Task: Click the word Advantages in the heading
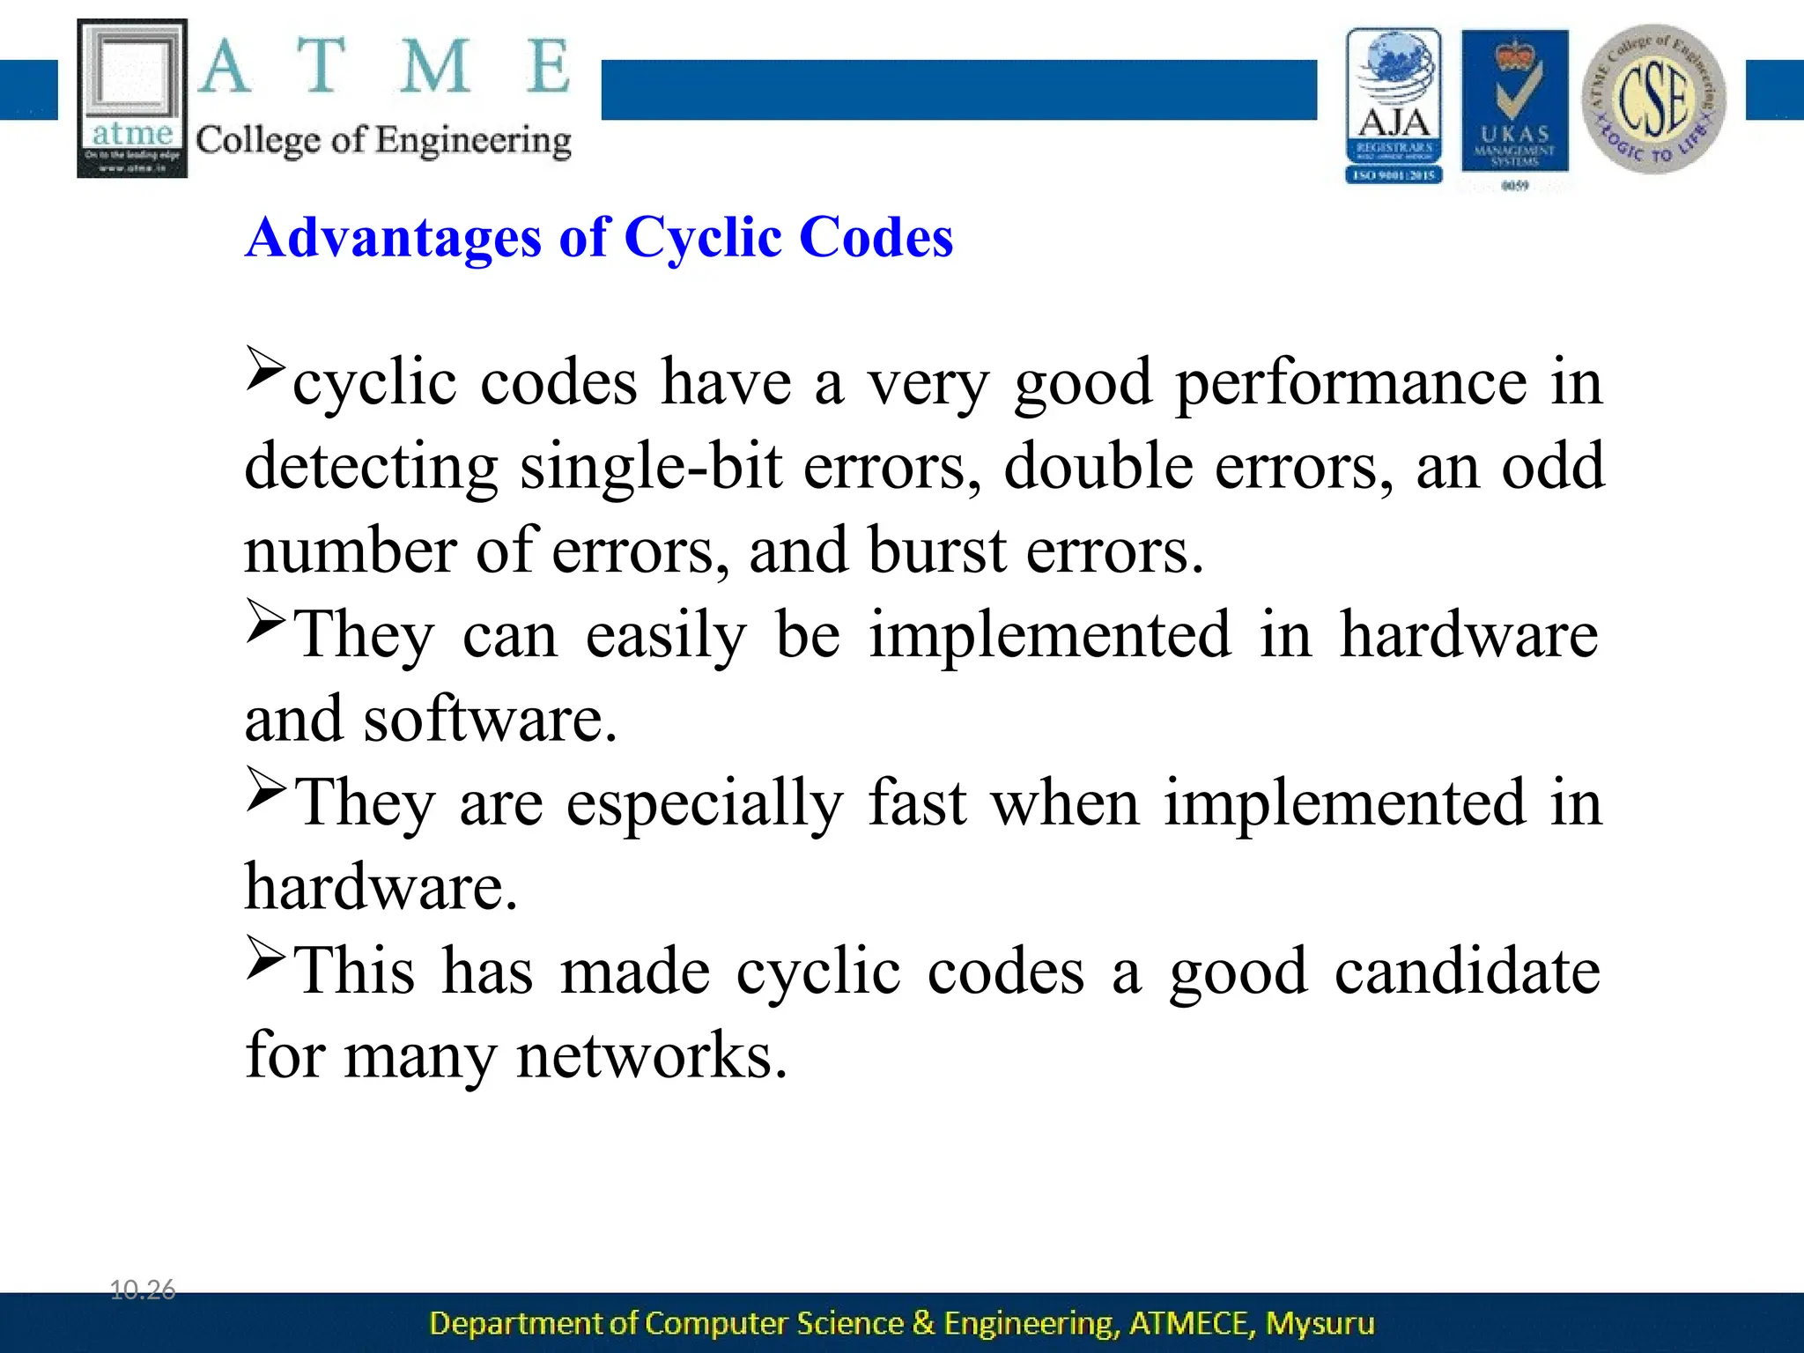(393, 238)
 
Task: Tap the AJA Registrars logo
(1394, 106)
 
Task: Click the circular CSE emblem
(1653, 99)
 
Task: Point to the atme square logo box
(132, 99)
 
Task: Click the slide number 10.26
(142, 1290)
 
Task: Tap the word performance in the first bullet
(1351, 383)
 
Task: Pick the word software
(490, 720)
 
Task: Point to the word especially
(704, 803)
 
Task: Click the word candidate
(1467, 972)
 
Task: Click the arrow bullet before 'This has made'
(265, 957)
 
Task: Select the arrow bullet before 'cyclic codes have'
(265, 369)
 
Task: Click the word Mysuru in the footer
(1320, 1323)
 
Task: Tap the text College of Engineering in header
(383, 141)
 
